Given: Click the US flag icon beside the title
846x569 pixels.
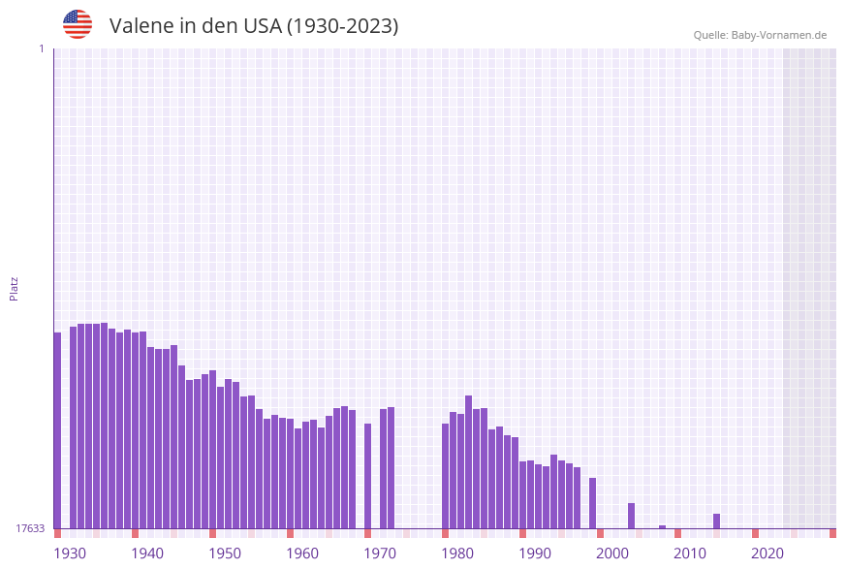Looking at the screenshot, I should point(78,24).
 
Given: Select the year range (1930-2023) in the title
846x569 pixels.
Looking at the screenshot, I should point(342,26).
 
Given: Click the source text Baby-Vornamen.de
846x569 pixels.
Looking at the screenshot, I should point(778,35).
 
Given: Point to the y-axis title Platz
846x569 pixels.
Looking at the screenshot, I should point(15,288).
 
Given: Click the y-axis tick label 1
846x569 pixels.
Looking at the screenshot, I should point(41,48).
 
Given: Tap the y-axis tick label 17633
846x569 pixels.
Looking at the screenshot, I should point(30,528).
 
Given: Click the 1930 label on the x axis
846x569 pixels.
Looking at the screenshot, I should point(70,553).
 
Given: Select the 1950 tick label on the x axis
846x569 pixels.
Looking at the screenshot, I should point(225,553).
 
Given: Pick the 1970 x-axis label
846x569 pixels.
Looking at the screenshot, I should point(380,553).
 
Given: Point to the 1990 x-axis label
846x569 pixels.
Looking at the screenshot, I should point(535,553).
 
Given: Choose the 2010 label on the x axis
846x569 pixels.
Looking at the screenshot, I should point(690,553).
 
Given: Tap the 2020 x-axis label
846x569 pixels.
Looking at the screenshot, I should point(768,553).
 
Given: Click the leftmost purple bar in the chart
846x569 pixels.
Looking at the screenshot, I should point(57,430).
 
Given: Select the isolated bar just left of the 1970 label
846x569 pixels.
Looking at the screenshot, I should point(368,475).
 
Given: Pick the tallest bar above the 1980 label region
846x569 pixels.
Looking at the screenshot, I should point(469,461).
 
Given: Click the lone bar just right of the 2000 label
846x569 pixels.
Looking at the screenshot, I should point(631,516).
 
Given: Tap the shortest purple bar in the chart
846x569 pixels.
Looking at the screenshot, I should point(663,526).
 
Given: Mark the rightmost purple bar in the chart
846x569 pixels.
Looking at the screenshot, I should point(717,521).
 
